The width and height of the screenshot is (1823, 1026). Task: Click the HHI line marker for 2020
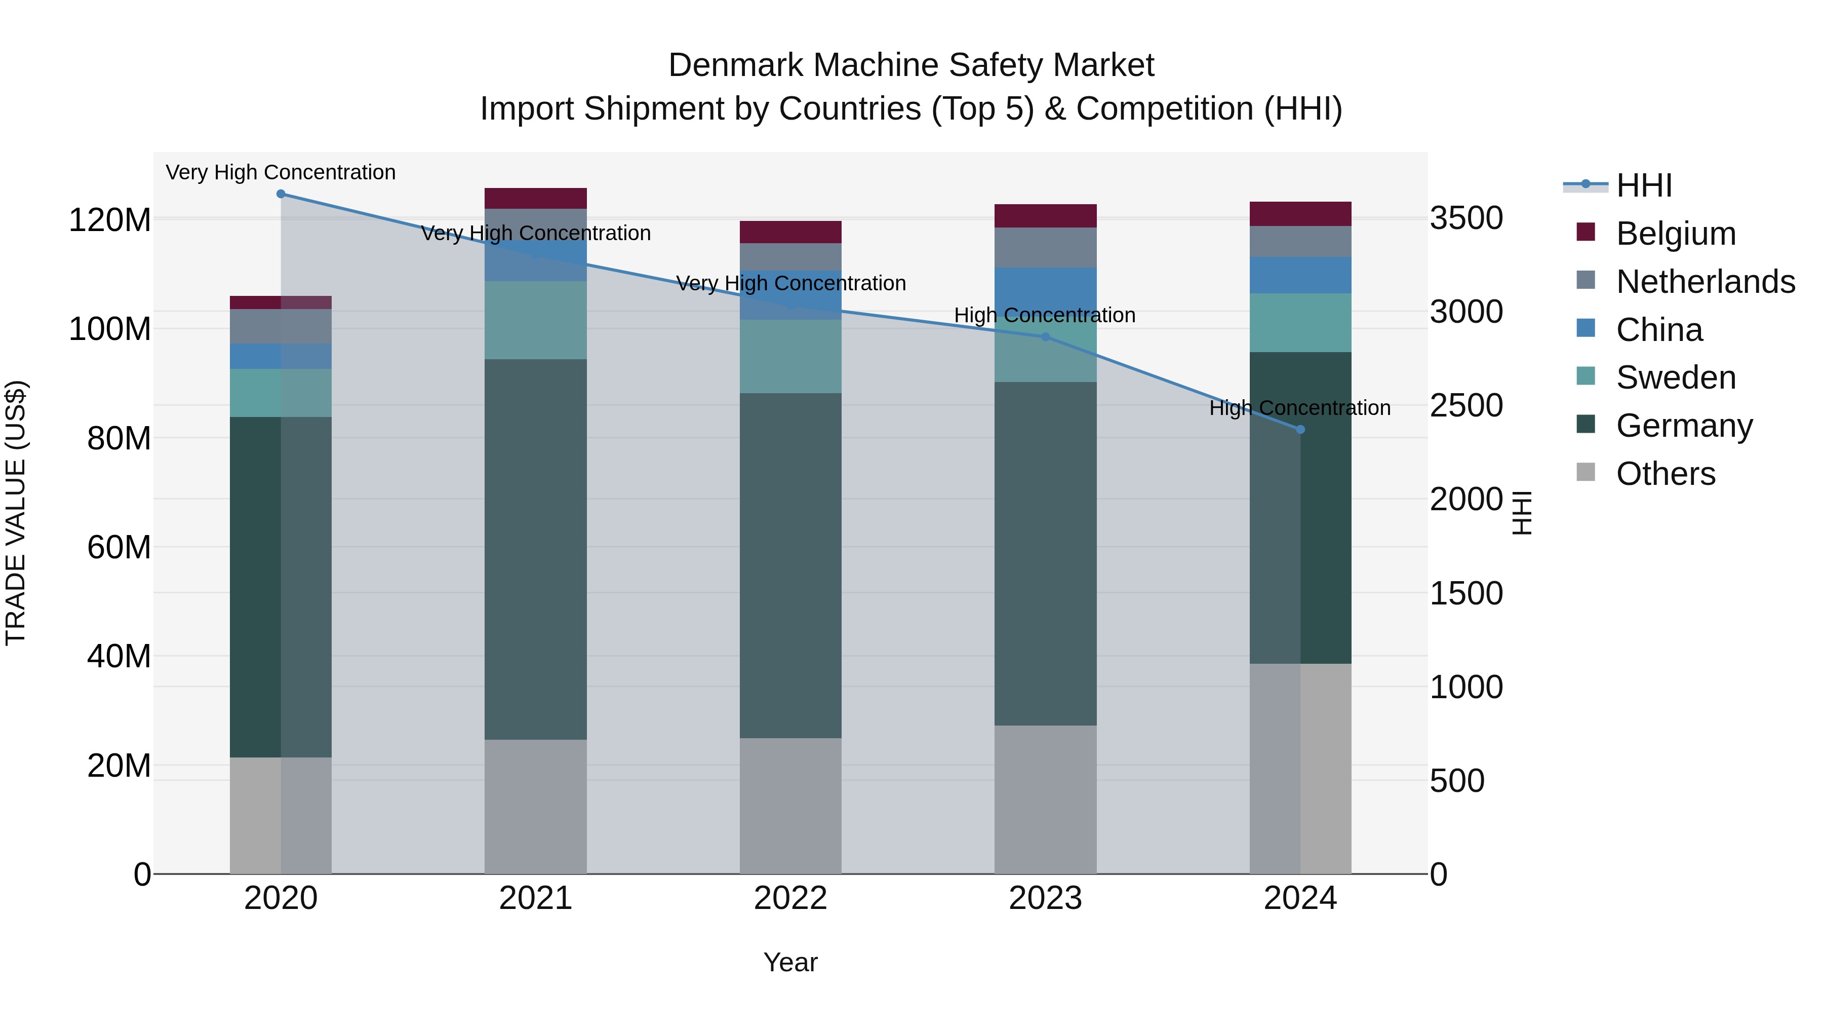click(x=281, y=194)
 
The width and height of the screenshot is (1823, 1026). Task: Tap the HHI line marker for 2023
click(x=1045, y=337)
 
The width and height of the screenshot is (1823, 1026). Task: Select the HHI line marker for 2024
click(x=1300, y=430)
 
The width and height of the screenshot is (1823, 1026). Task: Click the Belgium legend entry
click(x=1675, y=234)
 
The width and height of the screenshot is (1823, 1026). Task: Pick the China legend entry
click(x=1659, y=330)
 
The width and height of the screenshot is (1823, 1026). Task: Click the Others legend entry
click(x=1665, y=474)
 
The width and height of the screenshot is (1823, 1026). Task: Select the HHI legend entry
click(x=1643, y=185)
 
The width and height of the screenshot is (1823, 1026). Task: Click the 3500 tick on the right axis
click(x=1465, y=218)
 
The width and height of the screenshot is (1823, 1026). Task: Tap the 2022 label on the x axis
click(x=790, y=898)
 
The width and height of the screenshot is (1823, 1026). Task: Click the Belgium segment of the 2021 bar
click(x=536, y=198)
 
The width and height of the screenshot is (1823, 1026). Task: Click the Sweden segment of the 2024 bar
click(x=1300, y=323)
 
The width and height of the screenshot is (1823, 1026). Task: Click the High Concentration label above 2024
click(x=1300, y=408)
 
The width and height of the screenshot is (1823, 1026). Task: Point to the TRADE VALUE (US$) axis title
click(x=16, y=513)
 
